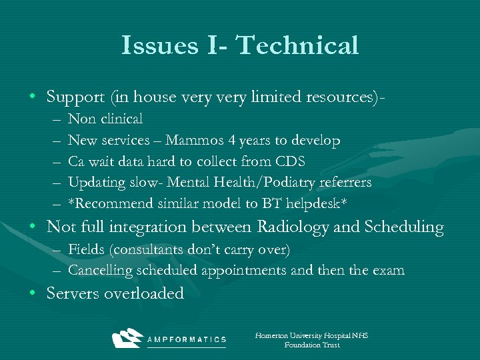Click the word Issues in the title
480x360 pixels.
[x=159, y=45]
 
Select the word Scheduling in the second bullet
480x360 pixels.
[x=403, y=227]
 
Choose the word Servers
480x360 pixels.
[x=73, y=294]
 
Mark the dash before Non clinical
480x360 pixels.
[x=55, y=120]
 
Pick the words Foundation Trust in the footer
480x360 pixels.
[x=311, y=345]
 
